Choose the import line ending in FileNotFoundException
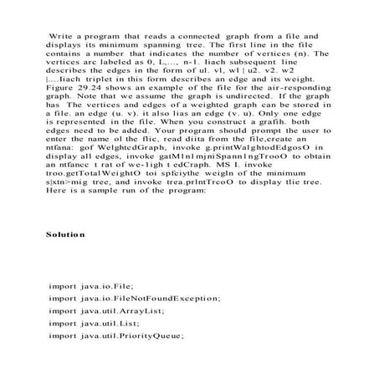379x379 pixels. coord(135,298)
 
